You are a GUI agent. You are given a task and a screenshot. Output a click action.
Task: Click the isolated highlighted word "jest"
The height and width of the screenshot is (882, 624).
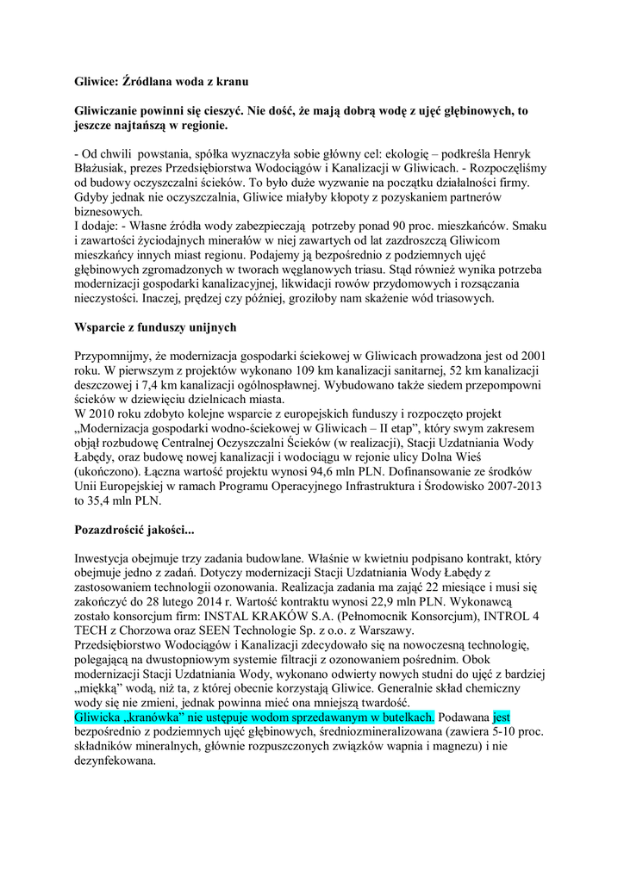[502, 718]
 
